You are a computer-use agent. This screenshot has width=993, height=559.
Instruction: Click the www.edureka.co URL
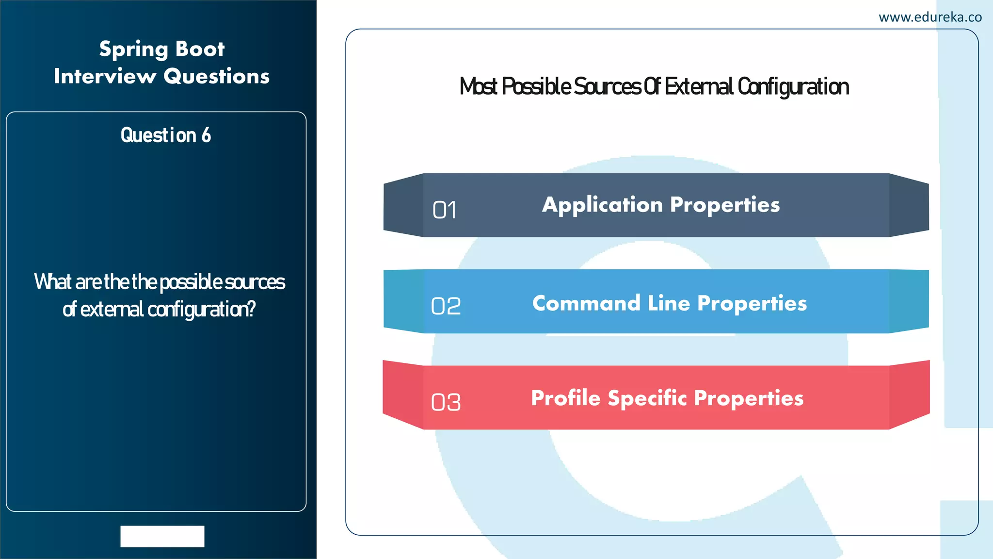pyautogui.click(x=929, y=17)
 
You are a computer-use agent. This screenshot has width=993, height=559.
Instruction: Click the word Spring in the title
pyautogui.click(x=133, y=49)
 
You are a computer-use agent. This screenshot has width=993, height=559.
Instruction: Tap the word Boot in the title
pyautogui.click(x=200, y=49)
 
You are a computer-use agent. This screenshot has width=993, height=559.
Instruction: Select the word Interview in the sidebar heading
pyautogui.click(x=105, y=76)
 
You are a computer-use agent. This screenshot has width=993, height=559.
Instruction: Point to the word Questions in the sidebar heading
pyautogui.click(x=216, y=76)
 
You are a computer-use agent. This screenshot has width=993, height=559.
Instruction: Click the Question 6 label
pyautogui.click(x=165, y=135)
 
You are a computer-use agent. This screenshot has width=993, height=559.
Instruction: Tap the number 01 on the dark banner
pyautogui.click(x=444, y=210)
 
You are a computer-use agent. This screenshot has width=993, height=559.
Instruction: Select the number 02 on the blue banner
pyautogui.click(x=446, y=306)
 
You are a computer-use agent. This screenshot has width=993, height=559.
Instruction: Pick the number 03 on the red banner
pyautogui.click(x=446, y=402)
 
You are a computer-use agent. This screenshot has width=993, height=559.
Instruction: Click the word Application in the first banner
pyautogui.click(x=602, y=205)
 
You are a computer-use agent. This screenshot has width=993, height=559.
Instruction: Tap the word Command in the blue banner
pyautogui.click(x=586, y=303)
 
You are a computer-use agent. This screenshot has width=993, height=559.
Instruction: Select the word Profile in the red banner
pyautogui.click(x=565, y=398)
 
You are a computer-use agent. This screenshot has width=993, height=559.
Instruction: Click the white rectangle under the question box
pyautogui.click(x=162, y=536)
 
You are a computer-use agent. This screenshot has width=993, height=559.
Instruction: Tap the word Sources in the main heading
pyautogui.click(x=607, y=87)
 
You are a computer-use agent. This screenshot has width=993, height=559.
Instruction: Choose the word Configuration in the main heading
pyautogui.click(x=793, y=87)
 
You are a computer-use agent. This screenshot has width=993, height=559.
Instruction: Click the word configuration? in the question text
pyautogui.click(x=201, y=310)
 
